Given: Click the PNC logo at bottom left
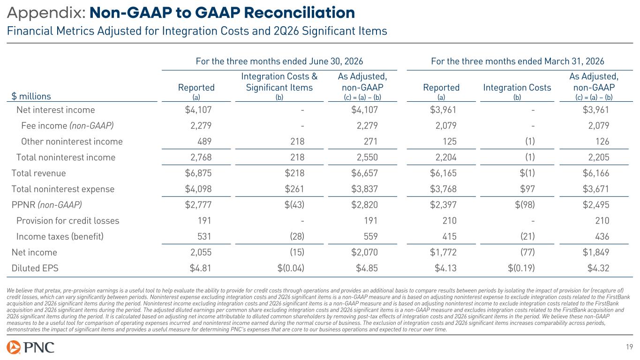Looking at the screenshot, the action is (x=30, y=347).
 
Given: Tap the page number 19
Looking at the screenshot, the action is (x=629, y=347).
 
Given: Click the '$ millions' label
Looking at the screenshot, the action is (x=31, y=96).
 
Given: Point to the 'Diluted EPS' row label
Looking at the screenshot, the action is (x=35, y=268).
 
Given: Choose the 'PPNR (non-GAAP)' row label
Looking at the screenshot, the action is (x=46, y=204).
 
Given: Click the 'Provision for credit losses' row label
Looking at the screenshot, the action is (x=68, y=221).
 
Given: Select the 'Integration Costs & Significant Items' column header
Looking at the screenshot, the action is (x=279, y=82).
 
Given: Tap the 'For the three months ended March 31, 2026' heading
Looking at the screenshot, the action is (x=518, y=61).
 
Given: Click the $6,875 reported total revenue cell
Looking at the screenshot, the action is (x=198, y=173).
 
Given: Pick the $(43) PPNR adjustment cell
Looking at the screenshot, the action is (x=294, y=204).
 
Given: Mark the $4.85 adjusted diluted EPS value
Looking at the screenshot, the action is (x=367, y=268).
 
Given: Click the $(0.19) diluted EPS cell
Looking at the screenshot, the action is (x=521, y=268).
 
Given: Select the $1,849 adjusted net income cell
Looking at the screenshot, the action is (x=596, y=252).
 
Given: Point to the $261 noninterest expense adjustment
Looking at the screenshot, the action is (x=294, y=189).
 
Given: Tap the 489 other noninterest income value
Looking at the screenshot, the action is (x=204, y=142).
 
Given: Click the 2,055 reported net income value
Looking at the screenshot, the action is (x=201, y=252).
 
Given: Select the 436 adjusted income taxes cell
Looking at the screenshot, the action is (x=602, y=236).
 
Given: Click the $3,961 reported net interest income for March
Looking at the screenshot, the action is (x=443, y=110).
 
